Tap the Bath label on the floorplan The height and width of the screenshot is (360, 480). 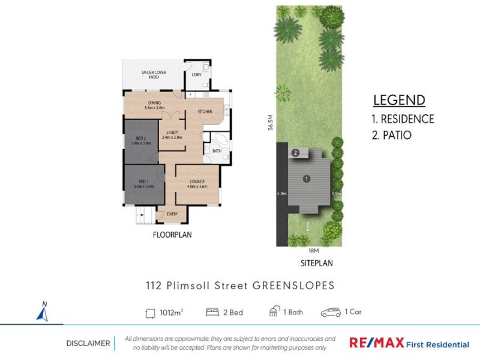(x=217, y=151)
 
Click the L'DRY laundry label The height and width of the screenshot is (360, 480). (x=196, y=75)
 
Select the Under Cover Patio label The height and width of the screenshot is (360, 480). (x=154, y=75)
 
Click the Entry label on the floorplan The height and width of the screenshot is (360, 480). (x=172, y=214)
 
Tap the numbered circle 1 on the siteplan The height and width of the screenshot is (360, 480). (x=307, y=179)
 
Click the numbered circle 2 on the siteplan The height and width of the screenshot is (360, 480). (x=296, y=153)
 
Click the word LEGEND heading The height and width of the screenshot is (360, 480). (x=399, y=100)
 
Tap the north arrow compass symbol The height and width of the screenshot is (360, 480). (x=42, y=311)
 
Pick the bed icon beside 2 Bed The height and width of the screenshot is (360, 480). (x=212, y=312)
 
